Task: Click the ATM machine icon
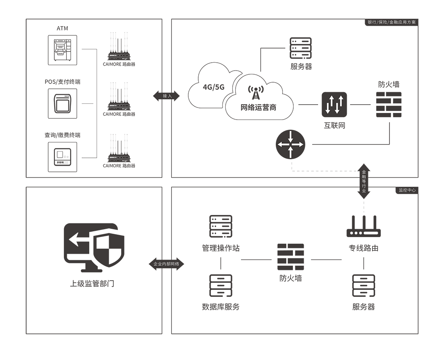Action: (x=62, y=50)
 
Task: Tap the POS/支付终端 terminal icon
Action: (x=62, y=103)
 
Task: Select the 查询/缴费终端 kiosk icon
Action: (x=62, y=157)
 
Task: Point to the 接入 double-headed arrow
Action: (x=167, y=96)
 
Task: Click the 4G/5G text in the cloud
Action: (x=214, y=87)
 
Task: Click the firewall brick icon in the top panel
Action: (x=389, y=104)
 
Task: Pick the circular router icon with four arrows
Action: (x=290, y=144)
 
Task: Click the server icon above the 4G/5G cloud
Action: (x=301, y=49)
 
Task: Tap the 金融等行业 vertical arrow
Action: (x=364, y=181)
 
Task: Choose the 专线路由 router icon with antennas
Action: (x=364, y=227)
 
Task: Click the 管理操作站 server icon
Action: (x=221, y=226)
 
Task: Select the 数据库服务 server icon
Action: (x=221, y=286)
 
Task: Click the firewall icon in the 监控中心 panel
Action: (x=290, y=257)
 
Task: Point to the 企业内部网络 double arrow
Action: (x=166, y=264)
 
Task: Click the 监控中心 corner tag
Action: (x=407, y=190)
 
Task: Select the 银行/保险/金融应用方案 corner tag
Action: (x=392, y=22)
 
